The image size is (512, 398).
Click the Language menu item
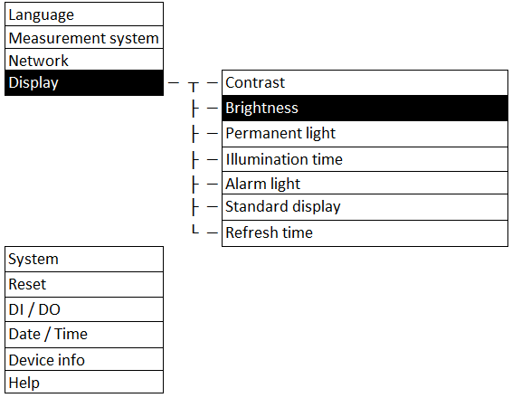pos(84,14)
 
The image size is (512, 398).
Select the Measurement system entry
pos(84,38)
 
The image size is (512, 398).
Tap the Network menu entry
pos(84,61)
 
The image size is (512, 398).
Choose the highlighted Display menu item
pos(84,83)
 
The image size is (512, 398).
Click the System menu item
pos(84,259)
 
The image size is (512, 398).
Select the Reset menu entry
pos(84,284)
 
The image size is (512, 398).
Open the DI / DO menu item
pos(84,309)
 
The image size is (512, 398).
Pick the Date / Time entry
pos(84,334)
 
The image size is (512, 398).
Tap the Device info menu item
pos(84,359)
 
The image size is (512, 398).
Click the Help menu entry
pos(84,383)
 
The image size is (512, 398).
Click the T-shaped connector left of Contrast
pos(194,84)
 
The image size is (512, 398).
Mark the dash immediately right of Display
pos(174,83)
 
